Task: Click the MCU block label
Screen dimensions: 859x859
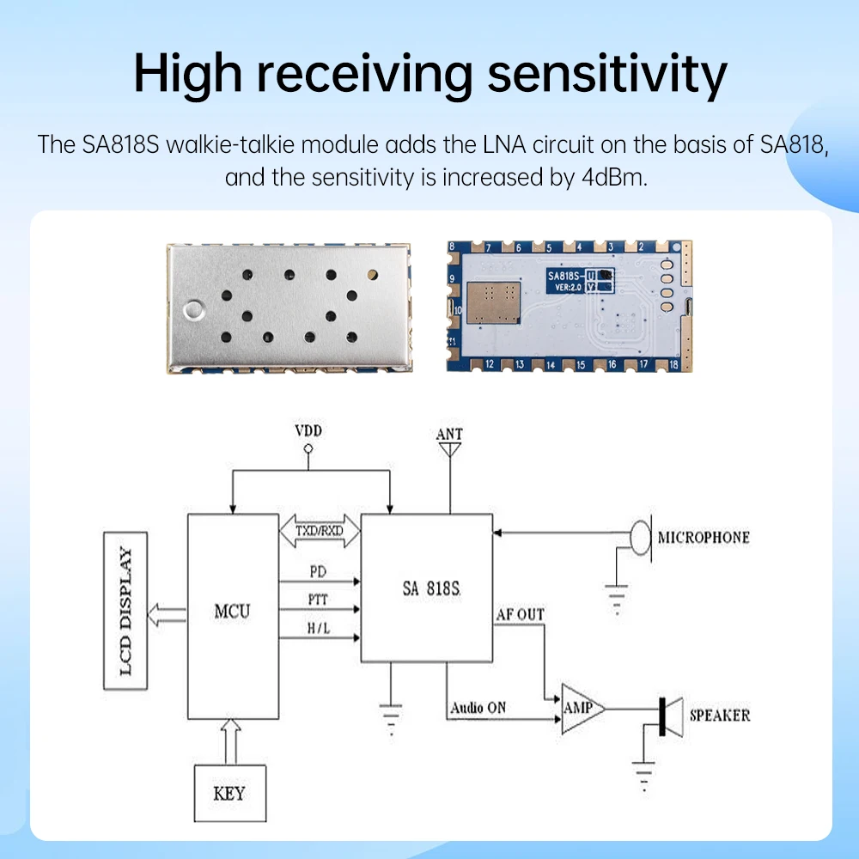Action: (x=232, y=612)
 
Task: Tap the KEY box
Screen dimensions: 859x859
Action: (x=228, y=792)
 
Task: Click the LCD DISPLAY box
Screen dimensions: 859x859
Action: (x=126, y=611)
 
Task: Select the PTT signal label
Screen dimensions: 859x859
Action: (x=317, y=599)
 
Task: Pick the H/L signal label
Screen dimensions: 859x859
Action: (x=317, y=629)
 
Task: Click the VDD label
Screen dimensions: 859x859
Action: (x=308, y=430)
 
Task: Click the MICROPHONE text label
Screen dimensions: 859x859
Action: (x=704, y=538)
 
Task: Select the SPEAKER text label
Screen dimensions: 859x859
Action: (x=720, y=715)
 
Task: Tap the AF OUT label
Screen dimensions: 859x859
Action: (x=520, y=614)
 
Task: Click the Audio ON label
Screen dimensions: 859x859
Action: (x=478, y=708)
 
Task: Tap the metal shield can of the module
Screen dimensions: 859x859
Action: (x=289, y=309)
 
